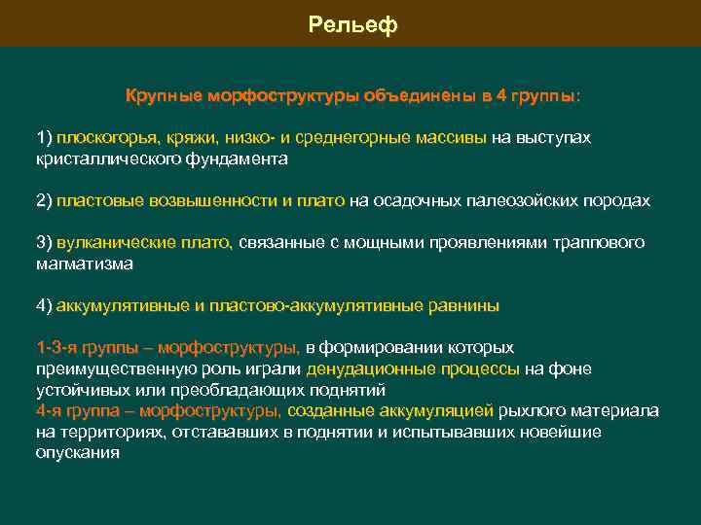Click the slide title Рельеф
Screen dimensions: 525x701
(352, 23)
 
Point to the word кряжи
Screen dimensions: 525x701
(189, 137)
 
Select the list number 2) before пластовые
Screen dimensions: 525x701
(44, 200)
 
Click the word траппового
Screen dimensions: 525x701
(603, 242)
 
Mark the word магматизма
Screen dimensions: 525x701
(85, 262)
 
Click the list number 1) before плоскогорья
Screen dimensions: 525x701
(44, 137)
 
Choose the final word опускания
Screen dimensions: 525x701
(77, 452)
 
